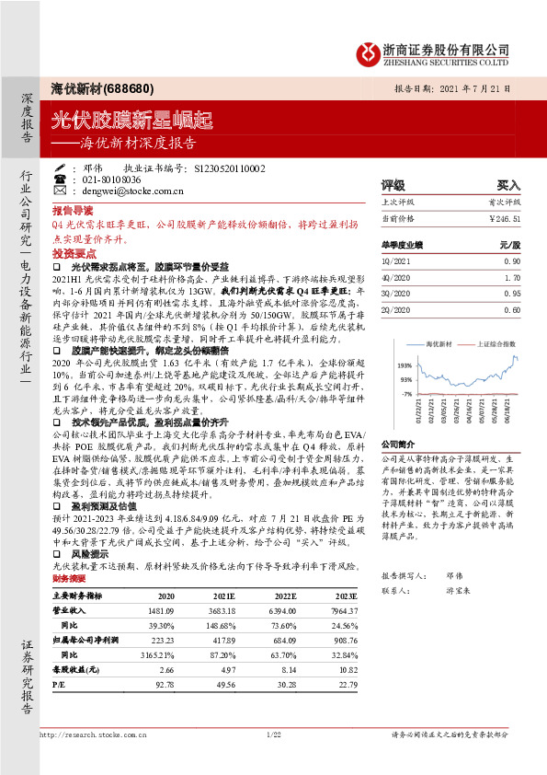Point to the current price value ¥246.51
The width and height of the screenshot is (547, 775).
click(x=502, y=220)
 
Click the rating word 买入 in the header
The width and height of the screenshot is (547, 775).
click(x=507, y=185)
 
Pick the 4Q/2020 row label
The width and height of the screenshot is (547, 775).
click(x=395, y=275)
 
